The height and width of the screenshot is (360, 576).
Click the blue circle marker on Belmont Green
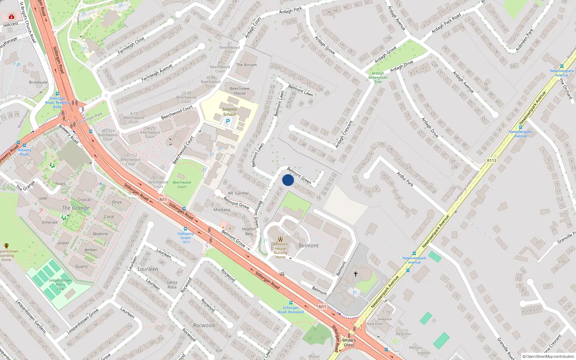click(x=288, y=180)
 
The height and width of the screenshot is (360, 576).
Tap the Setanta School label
click(x=229, y=112)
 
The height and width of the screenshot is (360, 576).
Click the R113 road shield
click(x=491, y=161)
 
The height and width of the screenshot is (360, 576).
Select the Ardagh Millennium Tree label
click(x=378, y=77)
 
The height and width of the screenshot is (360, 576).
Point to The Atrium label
click(x=246, y=65)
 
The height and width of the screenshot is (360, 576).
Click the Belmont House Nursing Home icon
click(x=280, y=239)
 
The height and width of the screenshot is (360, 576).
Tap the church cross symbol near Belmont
click(x=356, y=274)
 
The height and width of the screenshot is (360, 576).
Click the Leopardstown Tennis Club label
click(x=60, y=284)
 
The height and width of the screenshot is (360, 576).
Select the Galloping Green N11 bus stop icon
click(x=185, y=229)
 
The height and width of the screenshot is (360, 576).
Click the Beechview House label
click(x=240, y=91)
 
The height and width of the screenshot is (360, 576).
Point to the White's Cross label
click(x=348, y=342)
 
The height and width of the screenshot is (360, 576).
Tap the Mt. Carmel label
click(x=238, y=193)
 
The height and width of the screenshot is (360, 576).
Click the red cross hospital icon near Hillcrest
click(x=12, y=17)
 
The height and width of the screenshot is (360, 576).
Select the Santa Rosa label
click(x=172, y=284)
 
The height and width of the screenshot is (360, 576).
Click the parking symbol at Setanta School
click(x=228, y=122)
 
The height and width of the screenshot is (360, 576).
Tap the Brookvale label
click(x=38, y=82)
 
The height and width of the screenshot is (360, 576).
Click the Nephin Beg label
click(x=249, y=231)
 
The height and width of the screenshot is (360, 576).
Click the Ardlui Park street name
click(x=405, y=179)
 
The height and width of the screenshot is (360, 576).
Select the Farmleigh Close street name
click(x=131, y=45)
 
